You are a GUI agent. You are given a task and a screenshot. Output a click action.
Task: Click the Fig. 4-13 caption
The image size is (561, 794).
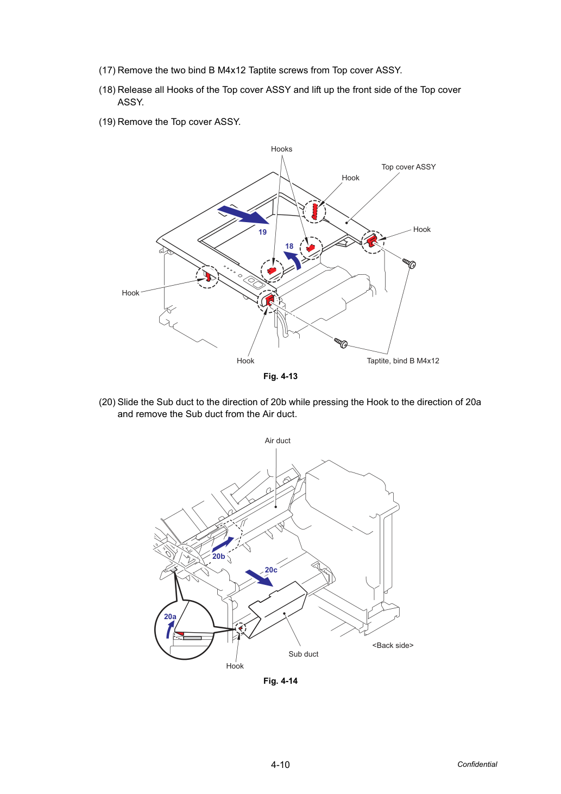pos(280,376)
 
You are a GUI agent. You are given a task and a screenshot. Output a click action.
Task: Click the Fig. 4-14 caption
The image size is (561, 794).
pos(280,681)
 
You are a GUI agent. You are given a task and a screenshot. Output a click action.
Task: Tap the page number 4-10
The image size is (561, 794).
pos(280,765)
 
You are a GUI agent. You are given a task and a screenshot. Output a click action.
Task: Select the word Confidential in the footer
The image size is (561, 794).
pos(477,764)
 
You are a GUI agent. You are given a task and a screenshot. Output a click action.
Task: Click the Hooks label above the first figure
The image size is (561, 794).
pos(281,149)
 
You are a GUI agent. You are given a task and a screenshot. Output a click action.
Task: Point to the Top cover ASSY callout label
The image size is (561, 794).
pos(408,167)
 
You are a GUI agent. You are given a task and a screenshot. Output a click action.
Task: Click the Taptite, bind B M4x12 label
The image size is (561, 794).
pos(403,361)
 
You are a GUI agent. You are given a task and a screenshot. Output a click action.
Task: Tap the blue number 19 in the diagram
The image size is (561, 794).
pos(263,232)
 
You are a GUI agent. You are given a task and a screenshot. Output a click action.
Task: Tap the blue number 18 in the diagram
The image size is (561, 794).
pos(289,247)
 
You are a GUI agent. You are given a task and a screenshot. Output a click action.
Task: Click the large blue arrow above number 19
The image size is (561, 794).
pos(243,215)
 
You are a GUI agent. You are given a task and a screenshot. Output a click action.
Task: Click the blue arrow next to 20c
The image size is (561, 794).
pos(259,578)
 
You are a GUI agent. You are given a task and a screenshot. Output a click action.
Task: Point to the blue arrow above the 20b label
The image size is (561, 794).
pos(223,544)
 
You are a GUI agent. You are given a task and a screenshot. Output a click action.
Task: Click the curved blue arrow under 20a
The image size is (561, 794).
pos(170,629)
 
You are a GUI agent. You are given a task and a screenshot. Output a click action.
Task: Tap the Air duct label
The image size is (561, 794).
pos(278,440)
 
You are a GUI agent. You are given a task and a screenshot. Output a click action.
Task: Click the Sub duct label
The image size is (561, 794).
pos(304,654)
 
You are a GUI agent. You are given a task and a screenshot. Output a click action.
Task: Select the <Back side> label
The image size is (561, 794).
pos(393,645)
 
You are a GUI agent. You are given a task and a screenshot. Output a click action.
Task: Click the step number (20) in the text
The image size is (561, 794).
pos(107,402)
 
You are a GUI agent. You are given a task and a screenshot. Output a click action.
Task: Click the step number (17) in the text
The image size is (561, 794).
pos(107,70)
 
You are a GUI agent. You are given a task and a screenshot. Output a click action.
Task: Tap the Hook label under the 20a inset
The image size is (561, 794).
pos(235,666)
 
